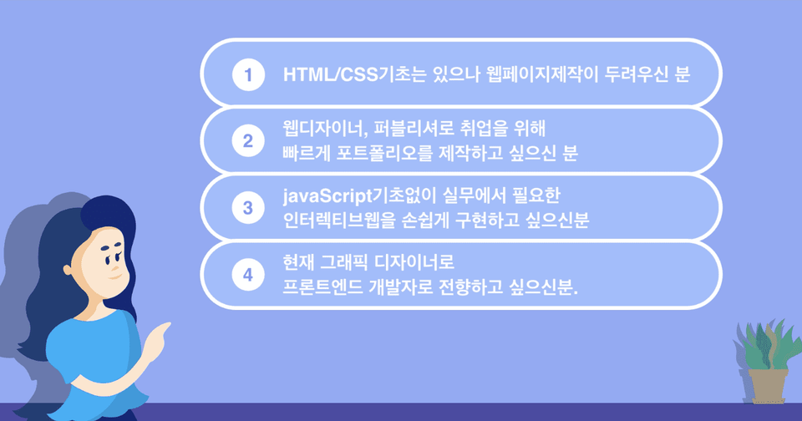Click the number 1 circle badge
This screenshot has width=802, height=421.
(x=248, y=74)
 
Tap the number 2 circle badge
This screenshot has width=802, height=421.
(x=248, y=140)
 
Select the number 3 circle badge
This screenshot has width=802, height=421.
(x=248, y=208)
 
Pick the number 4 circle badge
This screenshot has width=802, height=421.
(x=248, y=275)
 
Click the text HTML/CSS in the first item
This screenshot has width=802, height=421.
(x=331, y=74)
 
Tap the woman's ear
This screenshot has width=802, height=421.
(x=68, y=269)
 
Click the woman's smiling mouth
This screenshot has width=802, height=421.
(x=115, y=277)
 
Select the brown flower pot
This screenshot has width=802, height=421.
(x=767, y=386)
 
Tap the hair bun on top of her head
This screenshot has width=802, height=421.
(x=109, y=213)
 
